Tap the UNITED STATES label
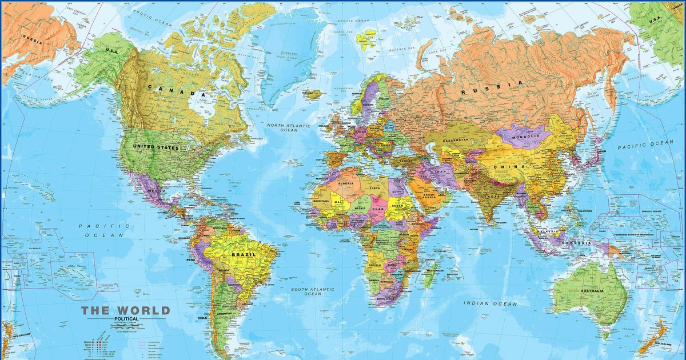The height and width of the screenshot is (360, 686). [x=155, y=147]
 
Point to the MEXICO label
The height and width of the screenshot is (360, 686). [x=157, y=190]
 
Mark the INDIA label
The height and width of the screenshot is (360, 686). [x=492, y=196]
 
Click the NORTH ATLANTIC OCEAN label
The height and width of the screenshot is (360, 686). [x=292, y=128]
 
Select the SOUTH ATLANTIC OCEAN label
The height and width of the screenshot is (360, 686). [x=313, y=291]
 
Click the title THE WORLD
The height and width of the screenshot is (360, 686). [x=126, y=311]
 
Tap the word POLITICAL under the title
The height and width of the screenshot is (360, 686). [x=125, y=318]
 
